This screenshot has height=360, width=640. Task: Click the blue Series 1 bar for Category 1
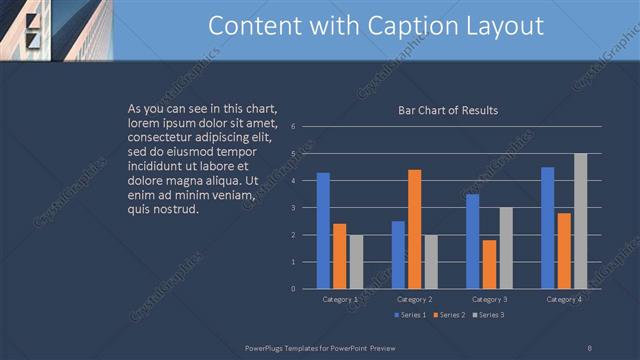tap(323, 231)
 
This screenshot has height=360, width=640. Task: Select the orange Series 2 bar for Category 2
tap(414, 229)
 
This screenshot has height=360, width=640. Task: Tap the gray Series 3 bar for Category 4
tap(580, 221)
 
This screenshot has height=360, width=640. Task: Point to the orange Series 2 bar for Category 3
tap(489, 264)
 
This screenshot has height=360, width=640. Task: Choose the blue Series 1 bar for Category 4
tap(548, 228)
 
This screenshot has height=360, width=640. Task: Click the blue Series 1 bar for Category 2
tap(398, 255)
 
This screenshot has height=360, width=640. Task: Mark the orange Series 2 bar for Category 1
tap(339, 256)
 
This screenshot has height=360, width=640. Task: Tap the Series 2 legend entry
tap(448, 315)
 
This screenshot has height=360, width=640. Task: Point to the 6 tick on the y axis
tap(292, 127)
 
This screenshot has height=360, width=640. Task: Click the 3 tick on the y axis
tap(292, 208)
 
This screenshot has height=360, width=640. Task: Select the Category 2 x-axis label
tap(414, 299)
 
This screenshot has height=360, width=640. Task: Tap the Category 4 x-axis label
tap(564, 299)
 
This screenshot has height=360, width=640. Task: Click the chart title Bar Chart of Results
tap(448, 110)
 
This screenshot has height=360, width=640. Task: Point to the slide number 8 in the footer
tap(589, 347)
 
